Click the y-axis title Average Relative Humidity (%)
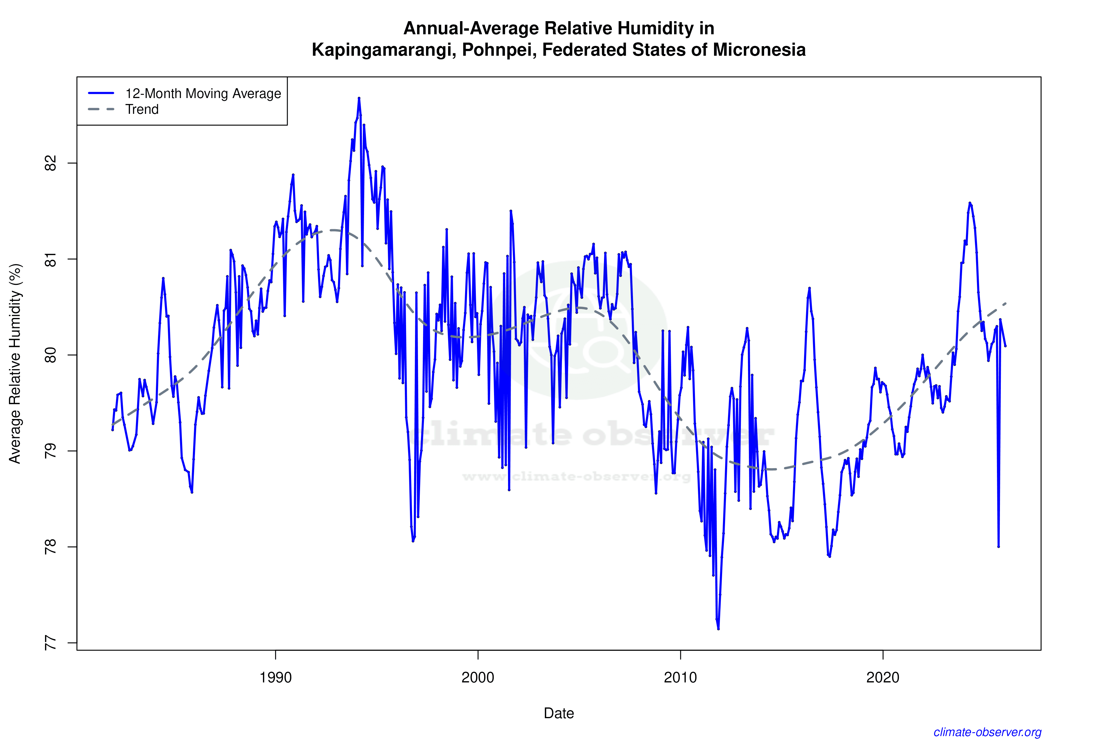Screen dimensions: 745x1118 (x=15, y=364)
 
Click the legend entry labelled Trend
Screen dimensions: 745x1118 (x=142, y=110)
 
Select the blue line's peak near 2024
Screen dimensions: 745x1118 (x=970, y=203)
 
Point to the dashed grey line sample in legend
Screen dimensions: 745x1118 (x=101, y=110)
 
